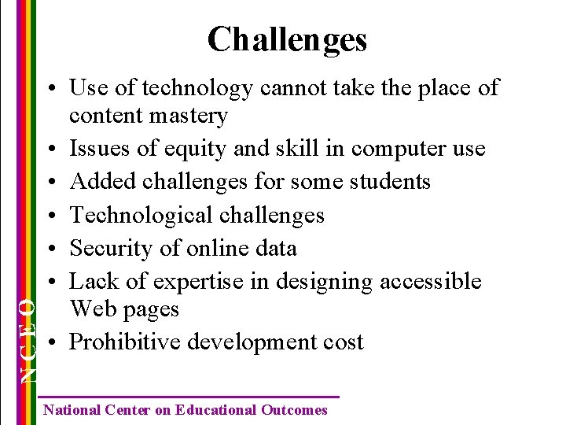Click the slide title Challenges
[x=287, y=39]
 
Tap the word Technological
[x=142, y=215]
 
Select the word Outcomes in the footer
[x=294, y=410]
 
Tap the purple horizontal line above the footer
[x=189, y=397]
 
